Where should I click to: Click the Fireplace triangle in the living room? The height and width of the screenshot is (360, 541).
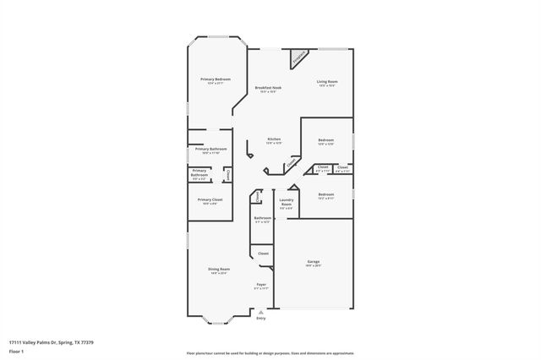click(298, 58)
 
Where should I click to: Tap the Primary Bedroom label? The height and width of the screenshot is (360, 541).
click(216, 80)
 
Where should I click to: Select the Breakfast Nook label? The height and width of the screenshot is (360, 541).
click(269, 89)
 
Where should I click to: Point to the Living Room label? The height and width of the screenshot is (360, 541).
click(327, 83)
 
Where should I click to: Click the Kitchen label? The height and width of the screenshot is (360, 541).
click(274, 140)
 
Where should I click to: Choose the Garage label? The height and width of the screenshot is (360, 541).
click(314, 263)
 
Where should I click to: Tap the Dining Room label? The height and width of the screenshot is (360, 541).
click(219, 270)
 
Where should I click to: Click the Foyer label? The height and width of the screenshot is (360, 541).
click(262, 286)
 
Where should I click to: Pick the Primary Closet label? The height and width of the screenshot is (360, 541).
click(210, 201)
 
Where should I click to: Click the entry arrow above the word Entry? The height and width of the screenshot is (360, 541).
click(260, 311)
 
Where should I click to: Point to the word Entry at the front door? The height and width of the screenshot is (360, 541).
click(260, 318)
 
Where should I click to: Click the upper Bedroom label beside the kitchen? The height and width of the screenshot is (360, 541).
click(325, 141)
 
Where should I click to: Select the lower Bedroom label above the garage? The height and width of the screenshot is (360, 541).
click(326, 196)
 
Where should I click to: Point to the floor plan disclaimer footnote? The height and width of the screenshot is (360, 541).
click(269, 351)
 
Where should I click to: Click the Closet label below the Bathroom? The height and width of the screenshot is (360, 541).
click(263, 253)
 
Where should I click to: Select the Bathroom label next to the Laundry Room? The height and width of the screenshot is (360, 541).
click(262, 219)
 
